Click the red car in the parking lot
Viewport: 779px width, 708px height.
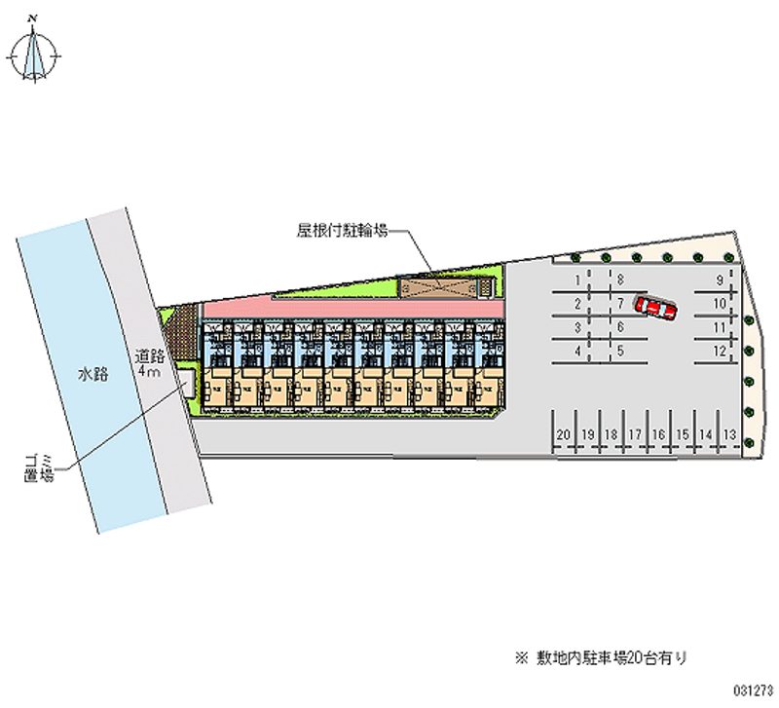click(655, 307)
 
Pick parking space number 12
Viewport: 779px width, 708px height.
click(720, 350)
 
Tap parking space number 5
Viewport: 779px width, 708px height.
click(620, 350)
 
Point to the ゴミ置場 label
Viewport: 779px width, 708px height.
click(39, 466)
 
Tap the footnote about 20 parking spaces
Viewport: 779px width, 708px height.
click(613, 658)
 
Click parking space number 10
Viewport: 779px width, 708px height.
click(720, 304)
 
